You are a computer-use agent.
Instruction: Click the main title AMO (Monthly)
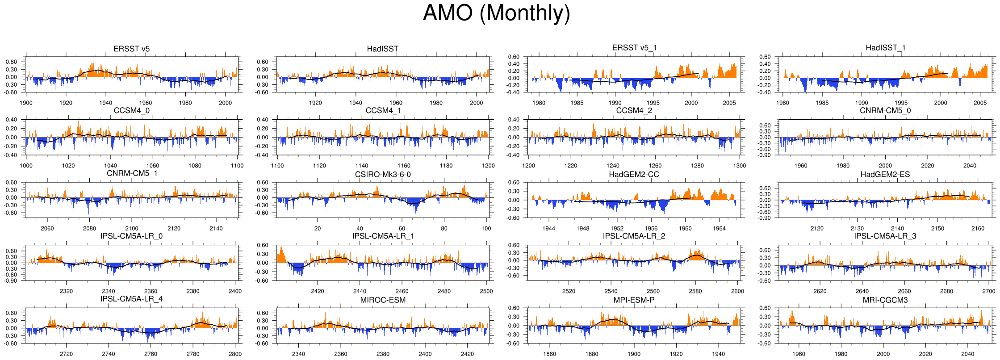pyautogui.click(x=496, y=13)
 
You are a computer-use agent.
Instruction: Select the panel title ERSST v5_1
pyautogui.click(x=634, y=48)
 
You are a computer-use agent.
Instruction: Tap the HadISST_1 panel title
pyautogui.click(x=885, y=48)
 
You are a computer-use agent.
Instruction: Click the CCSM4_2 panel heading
pyautogui.click(x=634, y=110)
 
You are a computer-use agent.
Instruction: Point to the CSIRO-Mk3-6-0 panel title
pyautogui.click(x=383, y=174)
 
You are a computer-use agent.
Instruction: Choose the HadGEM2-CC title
pyautogui.click(x=634, y=174)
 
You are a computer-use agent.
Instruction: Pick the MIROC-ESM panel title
pyautogui.click(x=383, y=300)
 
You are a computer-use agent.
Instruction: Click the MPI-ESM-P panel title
pyautogui.click(x=634, y=300)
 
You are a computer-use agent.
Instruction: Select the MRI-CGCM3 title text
pyautogui.click(x=885, y=300)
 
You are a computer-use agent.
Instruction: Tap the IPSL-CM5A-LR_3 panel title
pyautogui.click(x=885, y=236)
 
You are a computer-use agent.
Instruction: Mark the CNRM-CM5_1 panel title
pyautogui.click(x=132, y=173)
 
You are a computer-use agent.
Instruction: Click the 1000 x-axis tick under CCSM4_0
pyautogui.click(x=26, y=166)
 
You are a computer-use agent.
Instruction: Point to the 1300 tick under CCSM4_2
pyautogui.click(x=740, y=166)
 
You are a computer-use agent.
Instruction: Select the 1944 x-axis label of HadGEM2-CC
pyautogui.click(x=549, y=229)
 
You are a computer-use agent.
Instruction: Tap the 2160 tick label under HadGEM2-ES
pyautogui.click(x=978, y=229)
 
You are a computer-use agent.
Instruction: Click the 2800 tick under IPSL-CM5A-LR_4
pyautogui.click(x=235, y=354)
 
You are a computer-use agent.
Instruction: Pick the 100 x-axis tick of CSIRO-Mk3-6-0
pyautogui.click(x=486, y=229)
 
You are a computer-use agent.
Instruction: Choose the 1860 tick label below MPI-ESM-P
pyautogui.click(x=550, y=354)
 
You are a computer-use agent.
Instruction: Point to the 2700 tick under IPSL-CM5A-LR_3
pyautogui.click(x=989, y=291)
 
